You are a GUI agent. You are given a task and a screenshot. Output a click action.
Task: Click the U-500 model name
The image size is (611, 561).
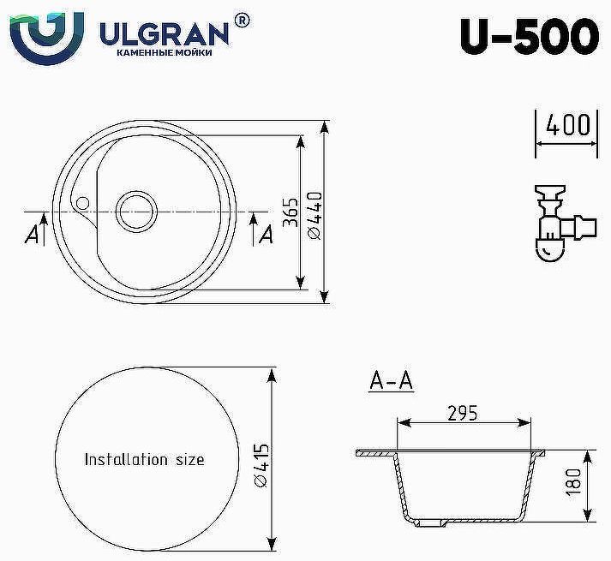pos(529,35)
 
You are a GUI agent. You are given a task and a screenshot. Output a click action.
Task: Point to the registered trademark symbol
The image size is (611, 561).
pos(242,19)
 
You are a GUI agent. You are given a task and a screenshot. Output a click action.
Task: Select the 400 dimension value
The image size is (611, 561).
pos(566,125)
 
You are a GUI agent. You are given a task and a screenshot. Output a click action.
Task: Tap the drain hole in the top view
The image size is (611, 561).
pos(135,210)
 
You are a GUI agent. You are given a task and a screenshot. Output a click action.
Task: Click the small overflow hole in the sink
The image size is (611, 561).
pos(82,203)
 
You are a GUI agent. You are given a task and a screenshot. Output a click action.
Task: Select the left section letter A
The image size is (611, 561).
pos(33,235)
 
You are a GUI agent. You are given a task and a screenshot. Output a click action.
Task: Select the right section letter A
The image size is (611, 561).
pos(265,233)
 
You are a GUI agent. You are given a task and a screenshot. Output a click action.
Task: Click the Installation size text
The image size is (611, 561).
pos(144,459)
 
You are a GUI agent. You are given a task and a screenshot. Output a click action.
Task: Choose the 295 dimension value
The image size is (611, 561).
pos(462,413)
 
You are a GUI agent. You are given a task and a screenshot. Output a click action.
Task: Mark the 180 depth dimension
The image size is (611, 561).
pos(575,485)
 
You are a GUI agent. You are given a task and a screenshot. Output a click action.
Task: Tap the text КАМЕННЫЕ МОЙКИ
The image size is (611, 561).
pos(163,53)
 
